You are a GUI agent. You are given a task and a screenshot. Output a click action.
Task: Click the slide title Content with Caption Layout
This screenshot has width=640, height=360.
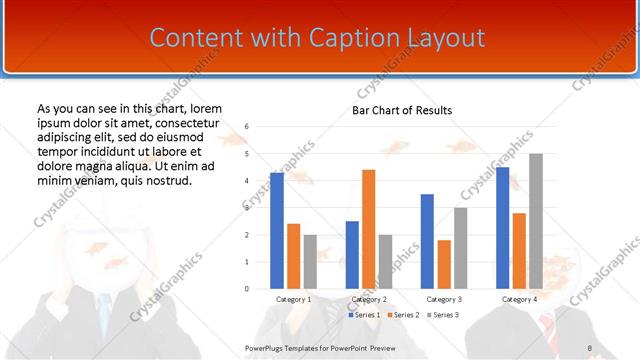pos(317,38)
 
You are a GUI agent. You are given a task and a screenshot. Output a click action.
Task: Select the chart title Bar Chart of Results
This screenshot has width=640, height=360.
pos(402,110)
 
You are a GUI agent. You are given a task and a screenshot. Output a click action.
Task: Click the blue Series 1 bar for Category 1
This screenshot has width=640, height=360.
pos(277,230)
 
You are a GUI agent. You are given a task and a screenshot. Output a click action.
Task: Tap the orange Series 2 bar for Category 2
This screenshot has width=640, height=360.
pos(368,229)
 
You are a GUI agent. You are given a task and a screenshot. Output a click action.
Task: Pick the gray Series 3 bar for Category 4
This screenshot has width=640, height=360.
pos(536,221)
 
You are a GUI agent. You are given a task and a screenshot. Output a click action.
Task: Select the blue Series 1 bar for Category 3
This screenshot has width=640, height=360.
pos(427,241)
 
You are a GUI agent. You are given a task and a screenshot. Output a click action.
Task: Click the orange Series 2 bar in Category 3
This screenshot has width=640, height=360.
pos(444,264)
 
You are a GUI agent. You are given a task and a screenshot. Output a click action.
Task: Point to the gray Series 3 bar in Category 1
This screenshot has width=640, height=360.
pos(310,262)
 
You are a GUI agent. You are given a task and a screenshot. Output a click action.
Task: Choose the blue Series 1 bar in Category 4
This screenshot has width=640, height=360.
pos(502,228)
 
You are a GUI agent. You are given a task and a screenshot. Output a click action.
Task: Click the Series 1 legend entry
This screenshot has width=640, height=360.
pos(365,315)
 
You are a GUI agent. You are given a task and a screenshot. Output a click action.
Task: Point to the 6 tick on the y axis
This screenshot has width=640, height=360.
pos(246,127)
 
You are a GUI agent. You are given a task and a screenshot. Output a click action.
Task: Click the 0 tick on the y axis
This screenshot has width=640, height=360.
pos(246,289)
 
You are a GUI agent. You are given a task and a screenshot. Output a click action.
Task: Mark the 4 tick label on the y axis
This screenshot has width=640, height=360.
pos(246,181)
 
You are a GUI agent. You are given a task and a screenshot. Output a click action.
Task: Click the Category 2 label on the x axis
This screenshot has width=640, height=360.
pos(369,299)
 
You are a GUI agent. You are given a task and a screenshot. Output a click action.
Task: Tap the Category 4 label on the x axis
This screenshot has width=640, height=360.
pos(519,299)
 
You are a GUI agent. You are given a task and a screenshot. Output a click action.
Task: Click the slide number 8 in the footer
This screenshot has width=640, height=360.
pos(590,347)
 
